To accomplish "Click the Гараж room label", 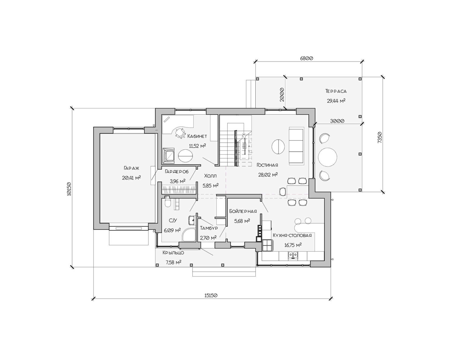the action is (131, 168).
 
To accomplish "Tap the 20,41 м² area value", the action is (132, 177).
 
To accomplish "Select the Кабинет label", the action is (197, 136).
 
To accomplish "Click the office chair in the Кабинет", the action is (180, 133).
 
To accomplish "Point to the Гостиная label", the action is (267, 165).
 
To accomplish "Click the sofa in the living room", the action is (296, 146).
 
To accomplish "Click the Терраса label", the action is (336, 91).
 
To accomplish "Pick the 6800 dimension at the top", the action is (307, 58).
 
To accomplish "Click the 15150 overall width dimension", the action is (210, 295).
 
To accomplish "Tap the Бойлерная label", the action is (243, 211).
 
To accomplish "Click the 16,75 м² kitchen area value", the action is (293, 245).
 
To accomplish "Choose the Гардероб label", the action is (177, 172).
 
